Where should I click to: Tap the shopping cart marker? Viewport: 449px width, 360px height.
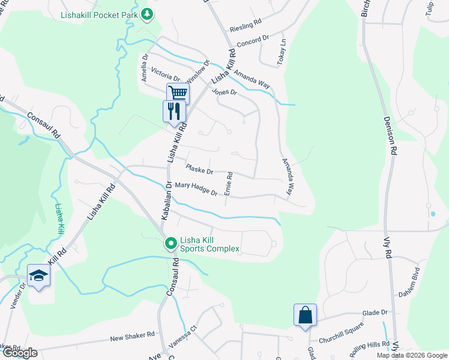click(178, 94)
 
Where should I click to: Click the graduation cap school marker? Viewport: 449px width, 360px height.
click(38, 275)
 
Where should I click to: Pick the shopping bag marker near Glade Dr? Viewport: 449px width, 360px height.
click(305, 314)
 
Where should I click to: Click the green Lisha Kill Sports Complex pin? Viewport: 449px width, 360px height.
click(170, 244)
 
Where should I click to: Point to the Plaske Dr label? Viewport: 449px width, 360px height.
click(200, 170)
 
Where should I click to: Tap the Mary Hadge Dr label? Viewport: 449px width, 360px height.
click(196, 190)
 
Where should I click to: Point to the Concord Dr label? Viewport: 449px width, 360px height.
click(253, 40)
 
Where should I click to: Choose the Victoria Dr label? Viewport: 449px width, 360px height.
click(165, 74)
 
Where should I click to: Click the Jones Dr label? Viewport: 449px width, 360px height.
click(224, 92)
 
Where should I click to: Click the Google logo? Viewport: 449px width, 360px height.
click(19, 352)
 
